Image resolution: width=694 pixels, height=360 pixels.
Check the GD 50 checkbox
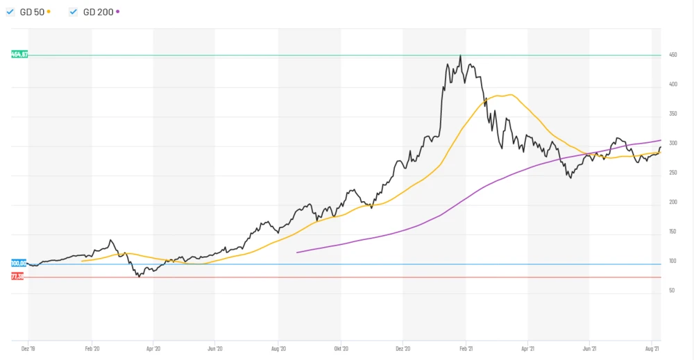coord(10,12)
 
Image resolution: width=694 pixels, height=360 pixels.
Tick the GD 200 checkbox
coord(73,12)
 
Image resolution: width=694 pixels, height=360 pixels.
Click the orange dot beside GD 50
coord(49,12)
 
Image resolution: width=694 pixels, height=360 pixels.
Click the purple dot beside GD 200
coord(118,12)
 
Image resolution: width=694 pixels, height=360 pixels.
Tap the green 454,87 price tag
coord(19,54)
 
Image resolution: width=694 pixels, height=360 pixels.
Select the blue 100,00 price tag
coord(19,263)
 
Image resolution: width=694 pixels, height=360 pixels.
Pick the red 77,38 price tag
coord(17,276)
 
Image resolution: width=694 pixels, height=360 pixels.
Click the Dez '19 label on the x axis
coord(29,349)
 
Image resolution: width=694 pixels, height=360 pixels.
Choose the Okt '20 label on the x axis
coord(340,349)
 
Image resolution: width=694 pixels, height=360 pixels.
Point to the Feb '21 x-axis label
coord(466,349)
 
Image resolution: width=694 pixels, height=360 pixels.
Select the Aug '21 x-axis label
coord(652,349)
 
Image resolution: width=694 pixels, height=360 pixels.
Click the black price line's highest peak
coord(460,55)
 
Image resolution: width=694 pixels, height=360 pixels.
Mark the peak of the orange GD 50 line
coord(510,94)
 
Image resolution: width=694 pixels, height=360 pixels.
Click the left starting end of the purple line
coord(297,252)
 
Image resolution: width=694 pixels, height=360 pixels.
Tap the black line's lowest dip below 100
coord(139,276)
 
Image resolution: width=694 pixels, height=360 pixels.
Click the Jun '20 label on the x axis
coord(215,349)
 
